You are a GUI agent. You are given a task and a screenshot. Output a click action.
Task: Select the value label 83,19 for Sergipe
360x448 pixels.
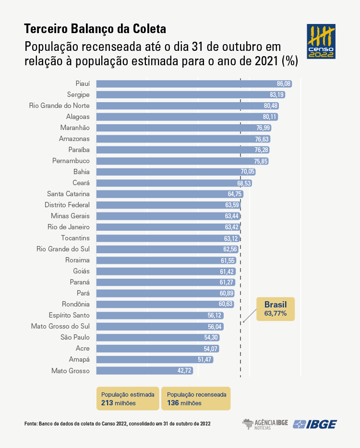[277, 94]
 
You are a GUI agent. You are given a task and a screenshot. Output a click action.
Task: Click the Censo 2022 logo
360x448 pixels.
[321, 42]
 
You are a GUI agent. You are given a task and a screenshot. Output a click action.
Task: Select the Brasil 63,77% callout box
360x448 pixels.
[276, 309]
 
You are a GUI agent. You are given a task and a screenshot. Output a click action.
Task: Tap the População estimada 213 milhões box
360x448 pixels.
[128, 399]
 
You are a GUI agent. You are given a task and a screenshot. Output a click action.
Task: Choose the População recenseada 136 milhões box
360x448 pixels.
[196, 399]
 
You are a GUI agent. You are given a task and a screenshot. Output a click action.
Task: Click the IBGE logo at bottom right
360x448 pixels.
[315, 424]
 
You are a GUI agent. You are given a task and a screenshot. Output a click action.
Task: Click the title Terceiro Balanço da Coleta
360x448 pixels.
[95, 29]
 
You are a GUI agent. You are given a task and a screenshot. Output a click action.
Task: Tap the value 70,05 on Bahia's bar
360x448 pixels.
[248, 172]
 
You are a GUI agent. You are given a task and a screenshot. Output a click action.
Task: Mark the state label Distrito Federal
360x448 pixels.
[67, 205]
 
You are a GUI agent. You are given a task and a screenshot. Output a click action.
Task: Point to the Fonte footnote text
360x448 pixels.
[118, 424]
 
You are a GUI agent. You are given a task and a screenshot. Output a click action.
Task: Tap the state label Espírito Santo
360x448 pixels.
[69, 315]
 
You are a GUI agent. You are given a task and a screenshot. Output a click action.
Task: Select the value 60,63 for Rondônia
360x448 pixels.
[226, 304]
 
